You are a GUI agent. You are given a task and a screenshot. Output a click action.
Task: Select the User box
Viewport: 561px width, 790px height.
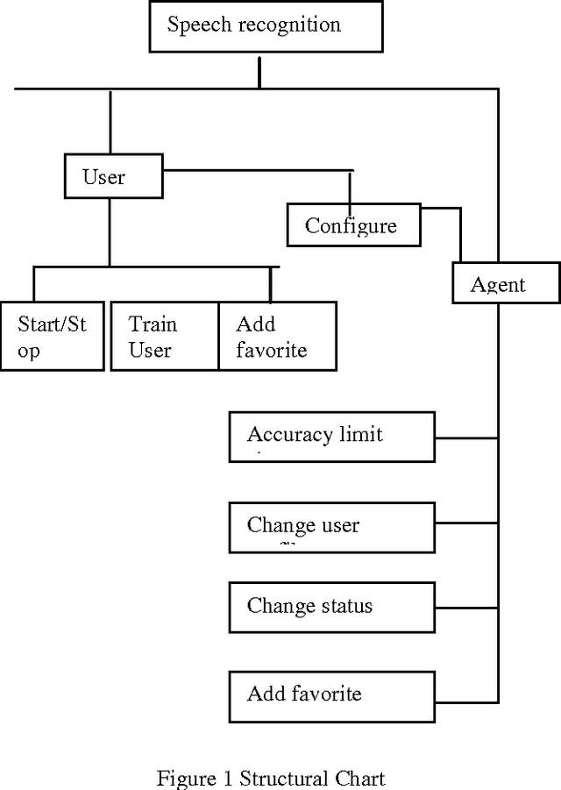(113, 176)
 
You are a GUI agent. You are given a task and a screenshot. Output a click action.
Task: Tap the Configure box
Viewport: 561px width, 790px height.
(354, 225)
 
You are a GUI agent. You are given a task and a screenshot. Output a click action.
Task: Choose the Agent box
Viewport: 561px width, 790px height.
(506, 283)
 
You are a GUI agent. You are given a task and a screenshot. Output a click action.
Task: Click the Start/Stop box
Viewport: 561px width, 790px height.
(53, 337)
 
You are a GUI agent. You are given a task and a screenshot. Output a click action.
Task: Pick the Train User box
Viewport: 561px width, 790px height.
(163, 337)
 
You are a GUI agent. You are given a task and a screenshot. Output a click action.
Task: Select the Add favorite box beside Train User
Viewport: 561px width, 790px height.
(276, 337)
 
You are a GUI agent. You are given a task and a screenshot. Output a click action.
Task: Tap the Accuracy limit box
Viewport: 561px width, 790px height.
(331, 436)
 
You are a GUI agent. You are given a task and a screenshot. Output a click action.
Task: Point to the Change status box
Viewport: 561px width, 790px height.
(331, 606)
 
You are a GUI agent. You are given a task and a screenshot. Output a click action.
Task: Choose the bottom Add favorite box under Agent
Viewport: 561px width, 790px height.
(331, 695)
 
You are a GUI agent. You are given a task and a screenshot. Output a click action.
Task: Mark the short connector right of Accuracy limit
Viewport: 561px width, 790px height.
(466, 437)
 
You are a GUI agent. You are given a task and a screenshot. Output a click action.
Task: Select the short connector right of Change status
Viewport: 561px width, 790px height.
(466, 606)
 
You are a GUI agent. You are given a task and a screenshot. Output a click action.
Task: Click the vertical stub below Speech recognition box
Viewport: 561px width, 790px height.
(259, 74)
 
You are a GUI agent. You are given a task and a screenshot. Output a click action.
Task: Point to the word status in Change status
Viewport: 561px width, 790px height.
(344, 606)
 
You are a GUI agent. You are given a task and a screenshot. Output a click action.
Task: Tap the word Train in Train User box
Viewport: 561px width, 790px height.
(153, 325)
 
